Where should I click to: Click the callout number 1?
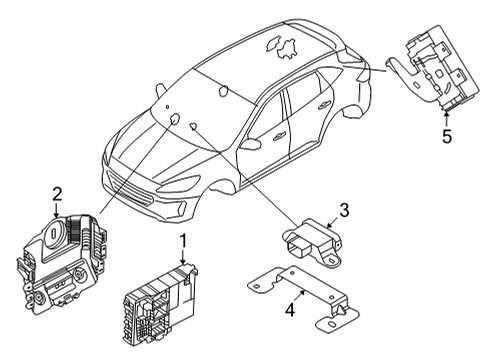182,240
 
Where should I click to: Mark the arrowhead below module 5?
447,113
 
